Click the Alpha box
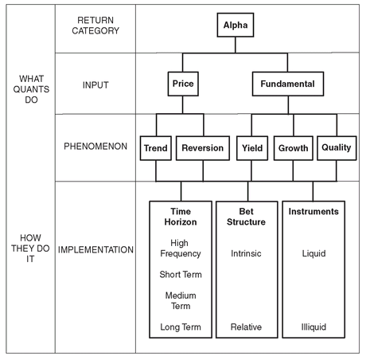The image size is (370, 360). (236, 25)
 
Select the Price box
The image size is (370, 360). (183, 84)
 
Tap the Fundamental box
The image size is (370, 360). (288, 84)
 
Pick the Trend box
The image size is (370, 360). (156, 148)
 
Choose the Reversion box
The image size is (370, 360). (203, 148)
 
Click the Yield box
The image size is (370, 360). (252, 148)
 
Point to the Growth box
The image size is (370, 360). (293, 148)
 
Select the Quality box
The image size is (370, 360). (337, 148)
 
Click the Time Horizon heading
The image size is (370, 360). (181, 217)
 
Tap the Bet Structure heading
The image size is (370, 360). (246, 217)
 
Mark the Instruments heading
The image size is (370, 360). (314, 211)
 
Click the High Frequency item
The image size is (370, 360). (181, 248)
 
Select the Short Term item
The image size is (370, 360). (181, 274)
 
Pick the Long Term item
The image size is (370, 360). (181, 327)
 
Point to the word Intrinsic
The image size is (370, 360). (246, 253)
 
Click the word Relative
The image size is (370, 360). (246, 327)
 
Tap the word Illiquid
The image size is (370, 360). (314, 327)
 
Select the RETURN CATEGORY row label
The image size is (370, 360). (95, 25)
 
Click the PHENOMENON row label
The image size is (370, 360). (95, 147)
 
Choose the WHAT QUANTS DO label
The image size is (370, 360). (31, 89)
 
